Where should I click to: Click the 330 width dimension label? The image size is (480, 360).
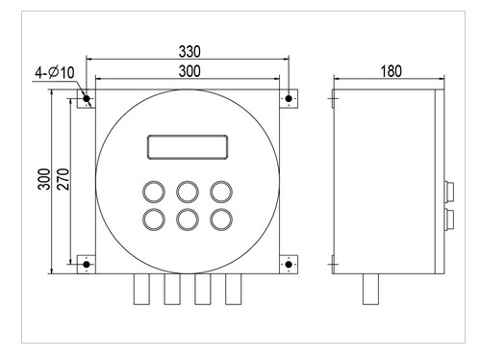[189, 52]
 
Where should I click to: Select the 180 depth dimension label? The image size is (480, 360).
[391, 71]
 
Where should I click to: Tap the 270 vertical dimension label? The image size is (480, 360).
[63, 179]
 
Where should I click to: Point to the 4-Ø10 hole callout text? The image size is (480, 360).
[55, 72]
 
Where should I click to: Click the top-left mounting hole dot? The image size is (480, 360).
[87, 98]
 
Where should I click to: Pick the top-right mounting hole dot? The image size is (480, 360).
[289, 98]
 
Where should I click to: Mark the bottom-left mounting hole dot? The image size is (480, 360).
[87, 265]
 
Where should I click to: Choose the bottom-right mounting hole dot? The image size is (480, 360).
[289, 265]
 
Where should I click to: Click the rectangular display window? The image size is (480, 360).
[188, 147]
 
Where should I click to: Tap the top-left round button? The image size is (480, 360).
[154, 192]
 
